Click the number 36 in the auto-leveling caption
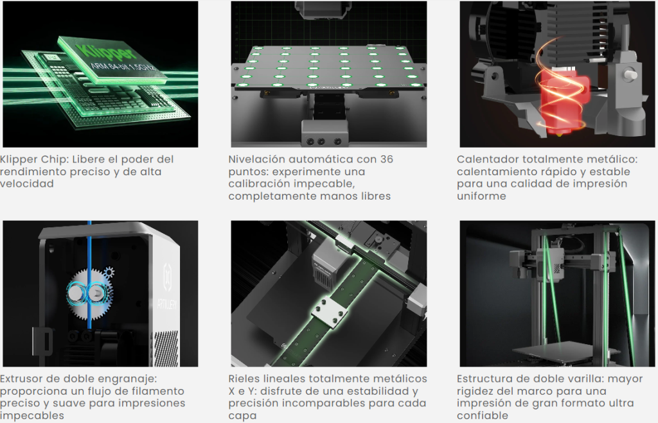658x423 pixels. click(386, 159)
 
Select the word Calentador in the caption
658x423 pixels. click(483, 159)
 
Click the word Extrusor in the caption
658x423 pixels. click(21, 379)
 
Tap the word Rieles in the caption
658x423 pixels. click(244, 379)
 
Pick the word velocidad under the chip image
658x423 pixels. click(27, 184)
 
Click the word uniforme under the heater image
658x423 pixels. click(481, 196)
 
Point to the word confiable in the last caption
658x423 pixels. click(483, 415)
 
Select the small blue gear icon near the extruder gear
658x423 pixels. click(109, 273)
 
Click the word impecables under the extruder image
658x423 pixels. click(32, 415)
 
